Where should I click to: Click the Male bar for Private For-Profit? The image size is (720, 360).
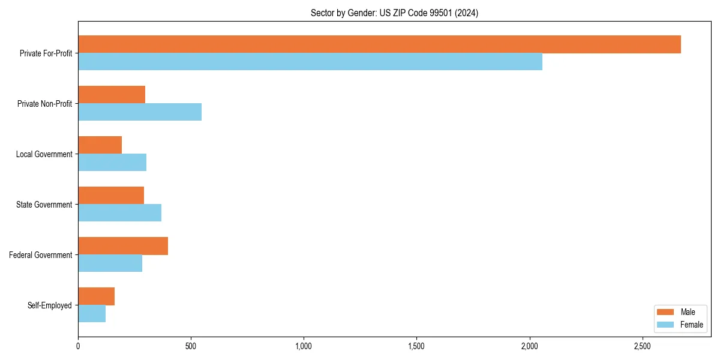[379, 44]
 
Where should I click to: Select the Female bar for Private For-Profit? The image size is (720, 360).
[310, 62]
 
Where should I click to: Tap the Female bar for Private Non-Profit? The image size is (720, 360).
[140, 112]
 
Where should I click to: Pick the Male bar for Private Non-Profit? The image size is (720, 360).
[112, 95]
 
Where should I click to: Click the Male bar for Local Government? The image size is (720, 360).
[100, 145]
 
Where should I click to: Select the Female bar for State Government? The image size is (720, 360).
[119, 213]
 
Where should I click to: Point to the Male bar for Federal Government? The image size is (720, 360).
[123, 246]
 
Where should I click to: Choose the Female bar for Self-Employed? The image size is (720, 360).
[92, 314]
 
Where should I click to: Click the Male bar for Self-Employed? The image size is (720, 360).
[96, 296]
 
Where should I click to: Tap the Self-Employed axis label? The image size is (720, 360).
[50, 305]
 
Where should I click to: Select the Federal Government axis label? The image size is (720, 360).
[41, 255]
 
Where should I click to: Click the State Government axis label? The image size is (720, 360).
[44, 205]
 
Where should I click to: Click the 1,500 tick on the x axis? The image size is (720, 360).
[416, 347]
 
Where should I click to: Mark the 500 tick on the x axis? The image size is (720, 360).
[191, 347]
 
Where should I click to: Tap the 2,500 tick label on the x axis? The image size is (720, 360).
[642, 347]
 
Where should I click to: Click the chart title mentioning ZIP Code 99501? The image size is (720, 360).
[394, 13]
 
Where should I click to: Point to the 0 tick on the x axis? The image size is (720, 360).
[78, 347]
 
